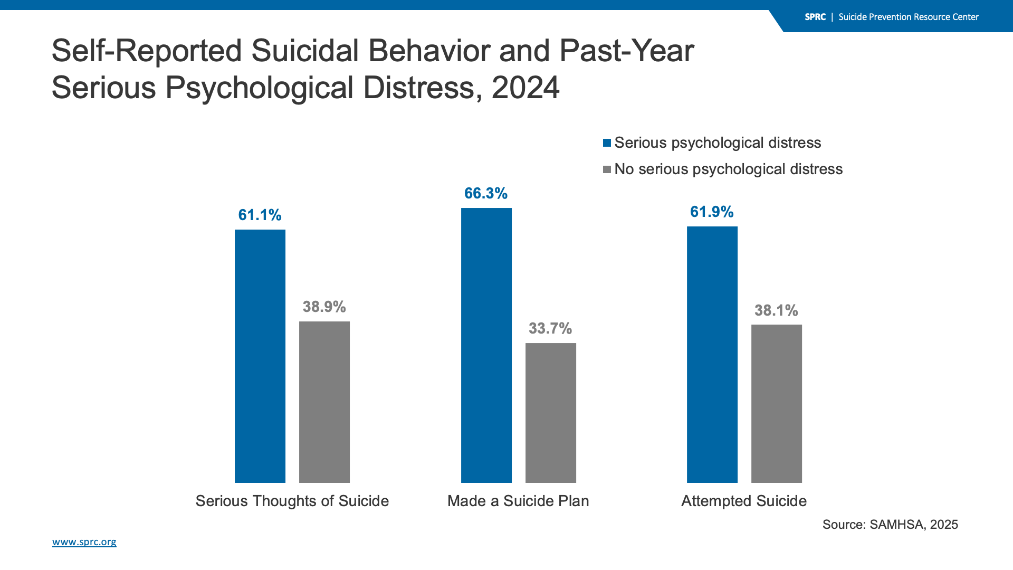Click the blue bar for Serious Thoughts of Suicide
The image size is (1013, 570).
260,356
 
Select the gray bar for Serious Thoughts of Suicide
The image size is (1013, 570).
324,402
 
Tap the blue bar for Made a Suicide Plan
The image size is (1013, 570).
486,345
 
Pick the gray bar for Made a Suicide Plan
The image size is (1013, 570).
551,413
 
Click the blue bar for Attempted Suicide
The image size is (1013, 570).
712,355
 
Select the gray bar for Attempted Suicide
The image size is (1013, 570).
777,404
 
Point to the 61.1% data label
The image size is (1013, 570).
260,215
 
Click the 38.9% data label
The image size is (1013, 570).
324,307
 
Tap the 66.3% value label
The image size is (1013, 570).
486,193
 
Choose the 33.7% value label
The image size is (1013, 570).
550,328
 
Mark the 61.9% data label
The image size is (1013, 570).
712,212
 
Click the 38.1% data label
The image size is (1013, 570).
776,310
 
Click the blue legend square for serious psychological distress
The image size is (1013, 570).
607,143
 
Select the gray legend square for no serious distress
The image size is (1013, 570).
607,169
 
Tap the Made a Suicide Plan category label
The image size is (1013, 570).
518,501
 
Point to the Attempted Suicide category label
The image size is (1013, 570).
744,501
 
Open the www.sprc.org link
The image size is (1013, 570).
84,542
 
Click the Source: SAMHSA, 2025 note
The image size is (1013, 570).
890,525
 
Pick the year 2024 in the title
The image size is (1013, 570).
525,88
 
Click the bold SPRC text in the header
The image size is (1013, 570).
815,17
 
